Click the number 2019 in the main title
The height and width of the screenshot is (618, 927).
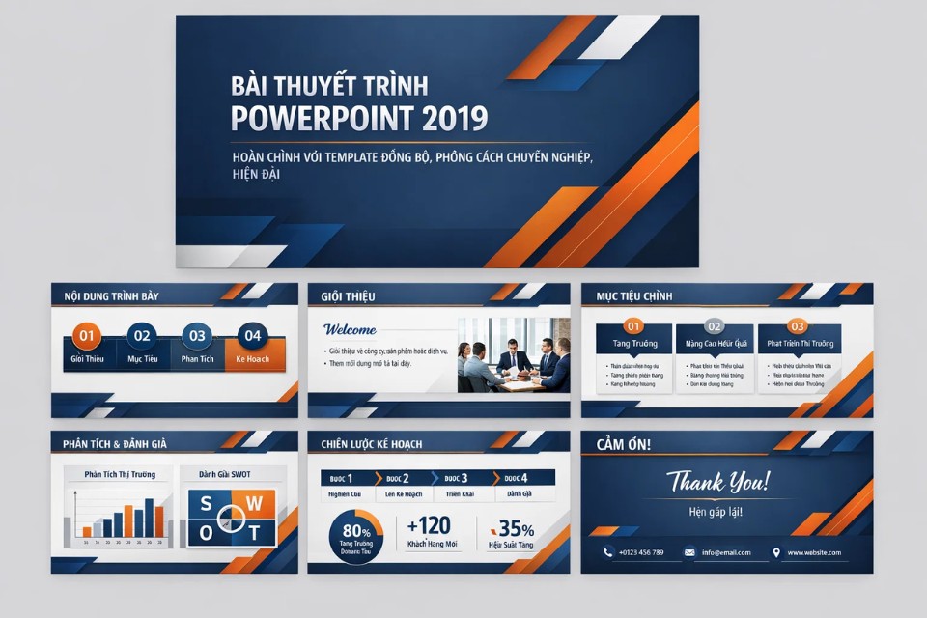pyautogui.click(x=455, y=118)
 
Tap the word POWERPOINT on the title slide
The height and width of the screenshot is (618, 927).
pyautogui.click(x=323, y=118)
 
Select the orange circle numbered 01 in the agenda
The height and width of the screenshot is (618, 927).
pyautogui.click(x=87, y=336)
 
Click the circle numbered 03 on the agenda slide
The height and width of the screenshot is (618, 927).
pyautogui.click(x=197, y=336)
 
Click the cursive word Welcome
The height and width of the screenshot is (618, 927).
pyautogui.click(x=350, y=329)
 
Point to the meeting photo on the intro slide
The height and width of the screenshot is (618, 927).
pyautogui.click(x=514, y=354)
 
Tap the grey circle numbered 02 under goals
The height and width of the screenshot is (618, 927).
pyautogui.click(x=714, y=326)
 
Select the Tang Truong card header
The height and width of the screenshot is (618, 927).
pyautogui.click(x=634, y=343)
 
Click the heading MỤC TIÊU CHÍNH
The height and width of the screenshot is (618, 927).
pyautogui.click(x=634, y=295)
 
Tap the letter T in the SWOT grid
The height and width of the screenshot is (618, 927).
pyautogui.click(x=255, y=532)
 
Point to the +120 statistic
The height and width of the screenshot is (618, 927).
pyautogui.click(x=429, y=526)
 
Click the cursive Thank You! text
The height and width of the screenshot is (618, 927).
pyautogui.click(x=717, y=481)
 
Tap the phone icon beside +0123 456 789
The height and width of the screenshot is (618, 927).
pyautogui.click(x=607, y=552)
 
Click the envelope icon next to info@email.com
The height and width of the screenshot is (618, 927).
pyautogui.click(x=689, y=552)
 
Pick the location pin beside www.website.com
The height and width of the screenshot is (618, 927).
pyautogui.click(x=775, y=552)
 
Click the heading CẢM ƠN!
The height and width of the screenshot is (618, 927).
pyautogui.click(x=624, y=444)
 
